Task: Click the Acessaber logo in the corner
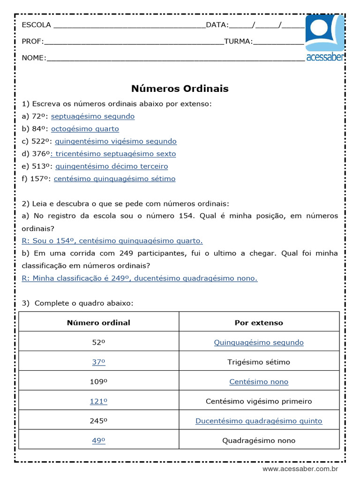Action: pos(325,38)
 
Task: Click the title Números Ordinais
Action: pos(180,89)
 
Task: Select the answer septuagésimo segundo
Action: pos(93,116)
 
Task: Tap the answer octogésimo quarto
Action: pos(85,129)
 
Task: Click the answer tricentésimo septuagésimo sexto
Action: pos(115,154)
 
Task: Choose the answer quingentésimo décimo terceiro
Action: pos(112,166)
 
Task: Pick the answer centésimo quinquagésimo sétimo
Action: pos(114,179)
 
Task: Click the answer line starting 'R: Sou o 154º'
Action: pos(112,241)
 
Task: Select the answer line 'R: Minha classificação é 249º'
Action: pos(140,278)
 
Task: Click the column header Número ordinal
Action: pos(98,322)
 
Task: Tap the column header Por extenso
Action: pos(259,322)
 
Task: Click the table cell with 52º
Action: pos(98,342)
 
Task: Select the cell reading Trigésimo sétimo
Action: pos(259,362)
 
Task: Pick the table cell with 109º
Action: pos(98,382)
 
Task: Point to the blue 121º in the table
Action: pos(98,401)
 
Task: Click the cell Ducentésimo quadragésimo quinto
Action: pos(259,421)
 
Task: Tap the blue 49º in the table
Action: pos(98,441)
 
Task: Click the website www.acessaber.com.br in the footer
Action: pos(300,469)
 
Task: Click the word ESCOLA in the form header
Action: pos(37,25)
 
